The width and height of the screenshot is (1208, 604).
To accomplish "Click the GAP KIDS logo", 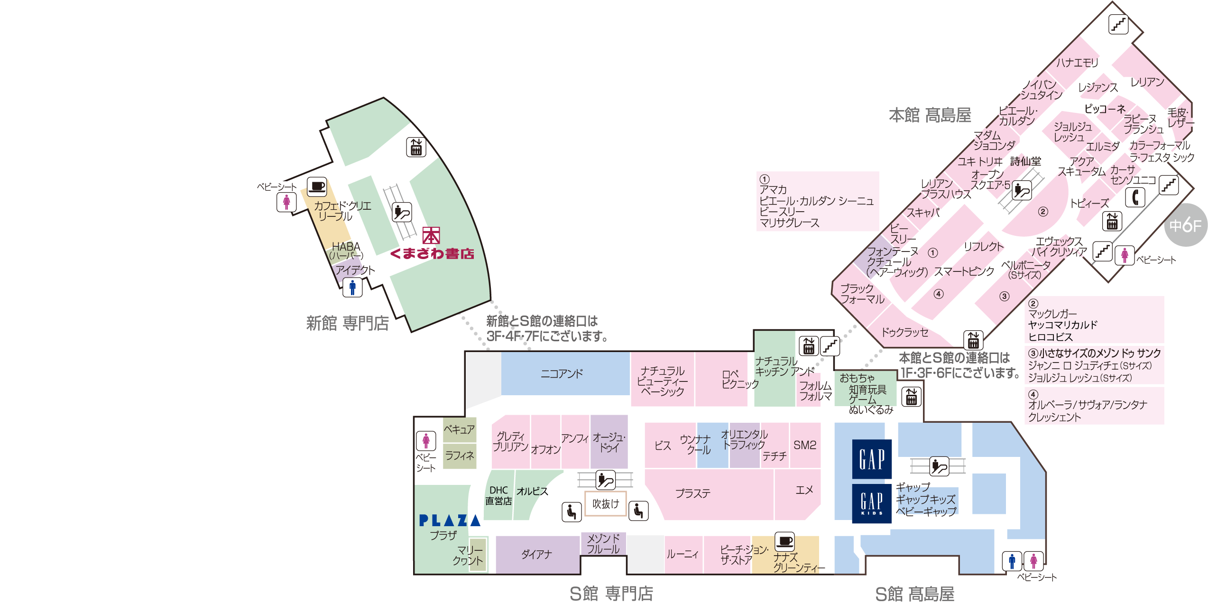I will [x=871, y=503].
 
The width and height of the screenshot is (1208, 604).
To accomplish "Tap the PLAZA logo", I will [x=449, y=520].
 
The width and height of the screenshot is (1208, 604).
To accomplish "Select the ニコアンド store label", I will [x=562, y=374].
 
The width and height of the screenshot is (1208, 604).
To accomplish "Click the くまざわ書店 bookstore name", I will [x=432, y=254].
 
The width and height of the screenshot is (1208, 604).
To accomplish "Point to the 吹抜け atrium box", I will [x=606, y=503].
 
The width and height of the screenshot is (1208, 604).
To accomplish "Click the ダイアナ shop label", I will [x=536, y=554].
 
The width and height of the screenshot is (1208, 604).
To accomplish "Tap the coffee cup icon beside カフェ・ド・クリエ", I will [x=316, y=186].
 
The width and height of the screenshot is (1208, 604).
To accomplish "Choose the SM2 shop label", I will [x=805, y=445].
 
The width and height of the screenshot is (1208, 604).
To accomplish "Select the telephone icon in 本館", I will [x=1135, y=197].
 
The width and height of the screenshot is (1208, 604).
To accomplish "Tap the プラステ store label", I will [x=693, y=494].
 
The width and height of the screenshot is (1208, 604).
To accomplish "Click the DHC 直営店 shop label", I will [x=498, y=495].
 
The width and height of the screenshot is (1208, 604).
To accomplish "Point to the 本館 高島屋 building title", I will [x=930, y=115].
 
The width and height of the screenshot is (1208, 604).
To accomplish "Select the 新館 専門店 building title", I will [x=347, y=324].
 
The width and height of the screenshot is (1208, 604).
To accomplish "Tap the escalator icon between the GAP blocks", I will [x=939, y=466].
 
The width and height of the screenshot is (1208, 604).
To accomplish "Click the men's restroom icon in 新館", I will [x=352, y=287].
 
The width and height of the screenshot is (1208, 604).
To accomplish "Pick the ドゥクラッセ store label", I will [x=904, y=332].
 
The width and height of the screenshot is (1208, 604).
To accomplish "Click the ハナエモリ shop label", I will [x=1077, y=62].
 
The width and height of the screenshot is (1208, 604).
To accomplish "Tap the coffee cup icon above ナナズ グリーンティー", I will [x=784, y=541].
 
